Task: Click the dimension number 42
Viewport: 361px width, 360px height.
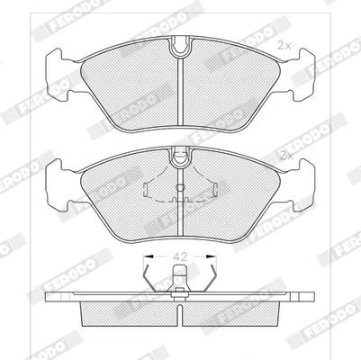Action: [x=180, y=256]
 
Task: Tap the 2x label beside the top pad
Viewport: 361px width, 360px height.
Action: [x=284, y=46]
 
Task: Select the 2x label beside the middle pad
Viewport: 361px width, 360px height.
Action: [x=286, y=155]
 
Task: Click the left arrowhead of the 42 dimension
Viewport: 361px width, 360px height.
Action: [x=149, y=256]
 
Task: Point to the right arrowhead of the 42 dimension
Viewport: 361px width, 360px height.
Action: [x=212, y=256]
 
